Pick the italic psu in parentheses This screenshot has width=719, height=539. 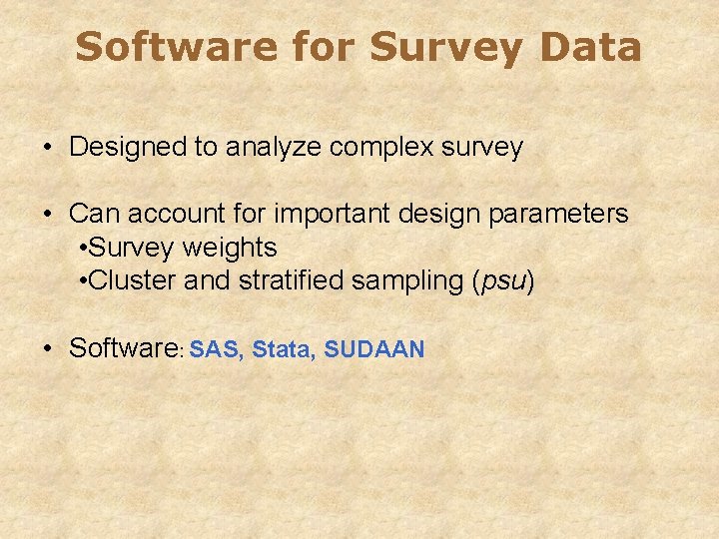pyautogui.click(x=503, y=281)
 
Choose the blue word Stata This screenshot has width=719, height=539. pyautogui.click(x=281, y=349)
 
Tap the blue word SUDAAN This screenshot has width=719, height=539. pyautogui.click(x=374, y=349)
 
